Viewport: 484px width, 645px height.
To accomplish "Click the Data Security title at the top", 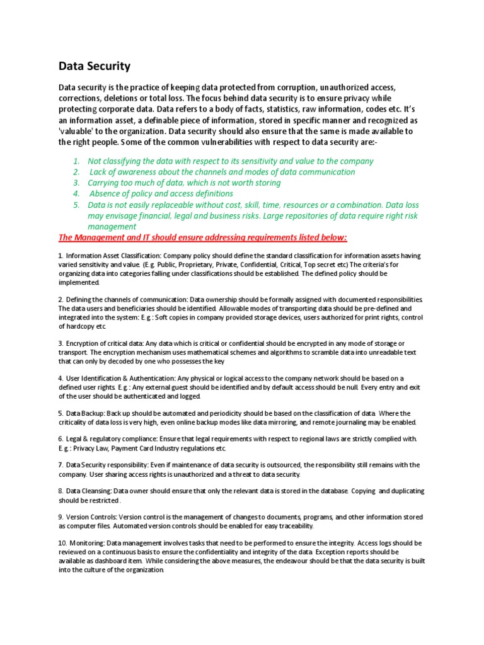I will coord(95,66).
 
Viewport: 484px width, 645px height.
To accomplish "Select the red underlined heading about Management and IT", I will coord(202,237).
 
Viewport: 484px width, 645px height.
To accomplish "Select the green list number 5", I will coord(76,205).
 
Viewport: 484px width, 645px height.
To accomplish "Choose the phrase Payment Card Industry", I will coord(148,448).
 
